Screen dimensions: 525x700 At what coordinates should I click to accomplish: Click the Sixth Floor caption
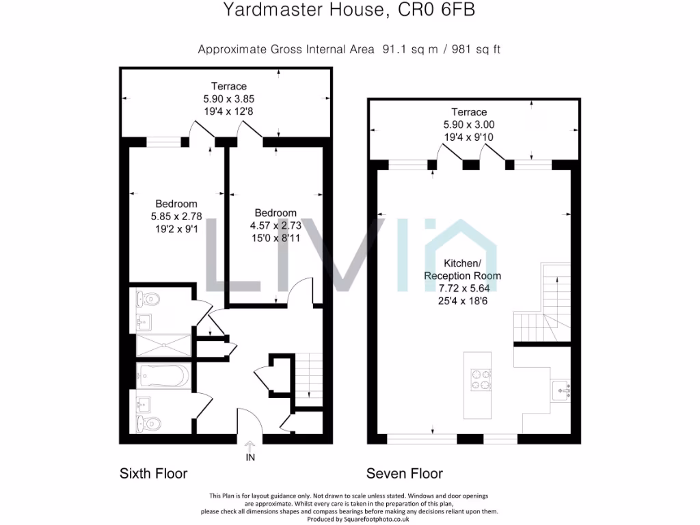pyautogui.click(x=153, y=473)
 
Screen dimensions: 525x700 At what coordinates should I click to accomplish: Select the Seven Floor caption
pyautogui.click(x=404, y=473)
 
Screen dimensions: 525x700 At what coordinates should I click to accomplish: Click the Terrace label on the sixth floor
pyautogui.click(x=228, y=86)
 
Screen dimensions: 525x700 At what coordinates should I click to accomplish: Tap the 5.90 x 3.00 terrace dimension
pyautogui.click(x=469, y=124)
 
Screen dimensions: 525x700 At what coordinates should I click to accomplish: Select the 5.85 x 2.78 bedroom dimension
pyautogui.click(x=176, y=216)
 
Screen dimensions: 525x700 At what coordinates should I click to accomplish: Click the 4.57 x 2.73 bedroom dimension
pyautogui.click(x=275, y=225)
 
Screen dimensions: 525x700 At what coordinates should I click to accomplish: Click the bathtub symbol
pyautogui.click(x=163, y=375)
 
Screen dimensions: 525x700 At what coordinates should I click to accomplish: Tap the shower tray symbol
pyautogui.click(x=163, y=346)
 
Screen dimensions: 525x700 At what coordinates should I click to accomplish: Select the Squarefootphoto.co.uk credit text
pyautogui.click(x=349, y=519)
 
